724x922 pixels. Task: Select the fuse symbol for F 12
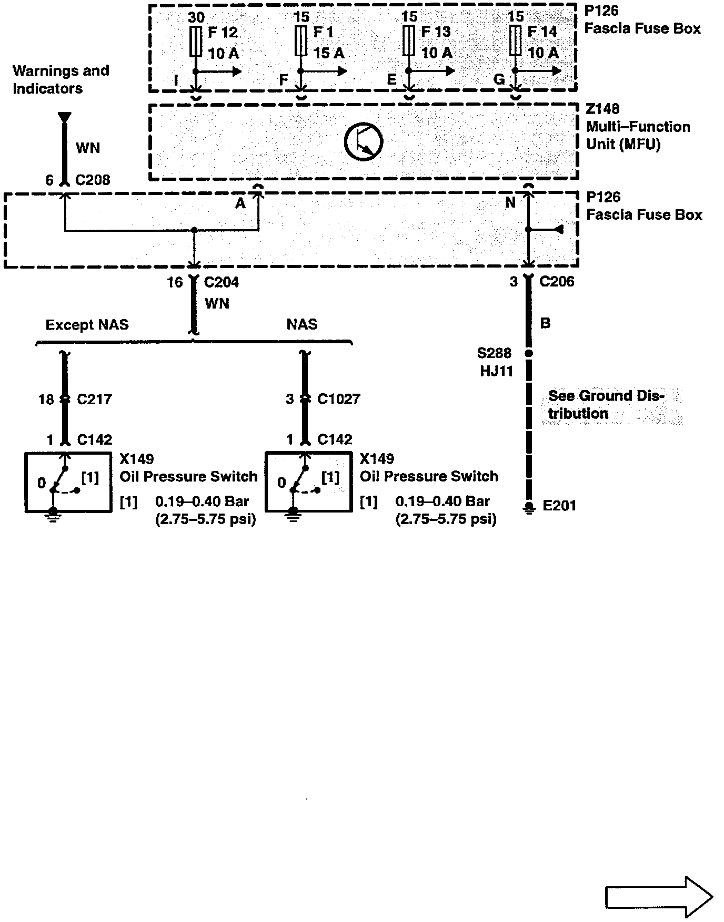(x=196, y=42)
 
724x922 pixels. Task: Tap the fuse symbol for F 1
(x=301, y=42)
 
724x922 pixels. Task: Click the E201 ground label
(x=559, y=506)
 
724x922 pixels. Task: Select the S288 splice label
(x=494, y=354)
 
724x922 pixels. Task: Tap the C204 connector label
(x=221, y=283)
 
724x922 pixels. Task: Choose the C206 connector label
(x=557, y=282)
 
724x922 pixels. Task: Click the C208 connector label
(x=93, y=180)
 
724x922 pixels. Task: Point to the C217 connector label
(x=94, y=399)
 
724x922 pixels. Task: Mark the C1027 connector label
(x=338, y=399)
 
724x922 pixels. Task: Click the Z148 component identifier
(x=602, y=109)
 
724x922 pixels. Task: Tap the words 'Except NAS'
(x=87, y=325)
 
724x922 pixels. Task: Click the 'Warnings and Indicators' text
(x=61, y=79)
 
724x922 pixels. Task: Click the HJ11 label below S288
(x=496, y=372)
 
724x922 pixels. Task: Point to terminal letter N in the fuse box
(x=510, y=203)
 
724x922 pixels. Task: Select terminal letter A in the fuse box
(x=240, y=203)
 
